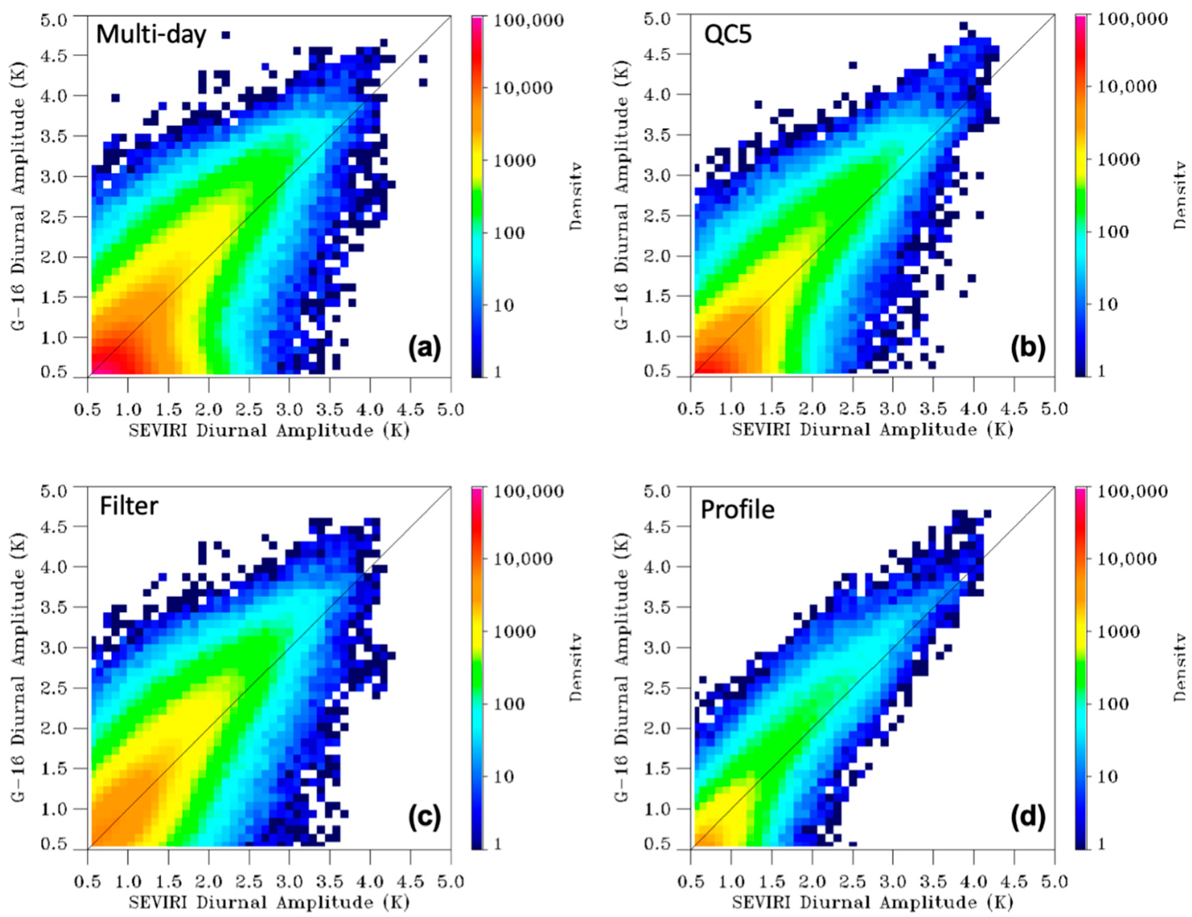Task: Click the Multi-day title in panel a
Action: click(151, 35)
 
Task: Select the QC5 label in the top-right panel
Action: click(728, 35)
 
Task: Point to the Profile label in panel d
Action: click(737, 510)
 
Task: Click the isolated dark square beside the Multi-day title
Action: click(225, 35)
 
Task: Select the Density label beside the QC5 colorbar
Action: click(1180, 195)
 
